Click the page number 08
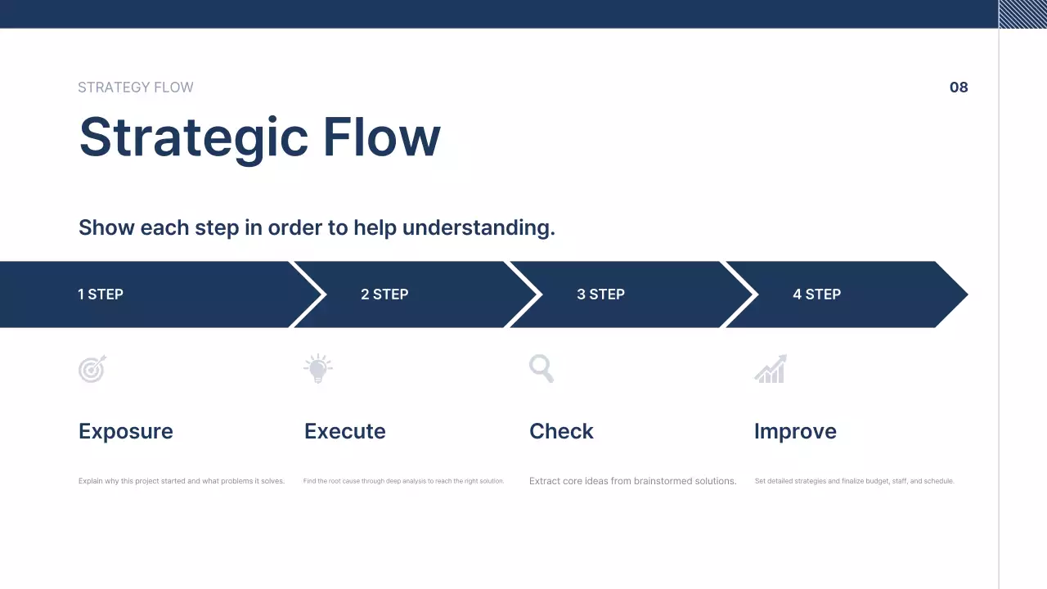pyautogui.click(x=959, y=88)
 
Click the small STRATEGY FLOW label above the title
pyautogui.click(x=136, y=88)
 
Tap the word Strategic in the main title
pyautogui.click(x=193, y=137)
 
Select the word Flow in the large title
pyautogui.click(x=381, y=136)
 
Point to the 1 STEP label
pyautogui.click(x=101, y=294)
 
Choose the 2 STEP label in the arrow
pyautogui.click(x=384, y=294)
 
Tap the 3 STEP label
pyautogui.click(x=600, y=294)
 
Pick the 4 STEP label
pyautogui.click(x=816, y=294)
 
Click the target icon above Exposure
pyautogui.click(x=92, y=369)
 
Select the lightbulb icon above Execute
pyautogui.click(x=317, y=369)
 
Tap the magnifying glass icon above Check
pyautogui.click(x=541, y=368)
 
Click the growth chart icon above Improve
pyautogui.click(x=771, y=369)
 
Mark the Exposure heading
pyautogui.click(x=126, y=431)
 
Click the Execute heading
pyautogui.click(x=344, y=431)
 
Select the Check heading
pyautogui.click(x=561, y=431)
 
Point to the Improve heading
pyautogui.click(x=795, y=431)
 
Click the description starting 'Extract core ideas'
pyautogui.click(x=632, y=481)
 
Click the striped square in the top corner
pyautogui.click(x=1022, y=14)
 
